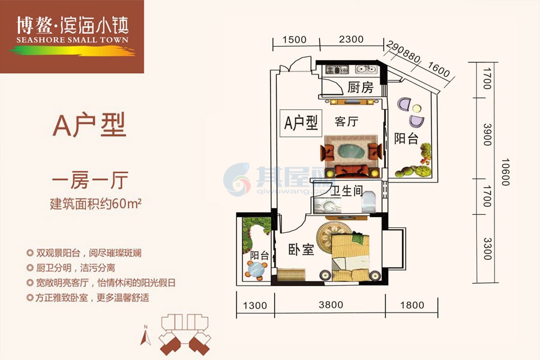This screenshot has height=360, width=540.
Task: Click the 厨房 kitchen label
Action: coord(360,88)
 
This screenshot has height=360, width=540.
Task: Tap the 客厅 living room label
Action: coord(346,122)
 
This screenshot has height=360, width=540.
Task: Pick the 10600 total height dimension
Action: coord(505,171)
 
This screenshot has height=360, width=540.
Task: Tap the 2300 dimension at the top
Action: coord(351,40)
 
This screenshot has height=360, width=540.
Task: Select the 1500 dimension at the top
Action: coord(294,40)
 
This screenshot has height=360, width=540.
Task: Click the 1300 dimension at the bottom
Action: coord(254,305)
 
